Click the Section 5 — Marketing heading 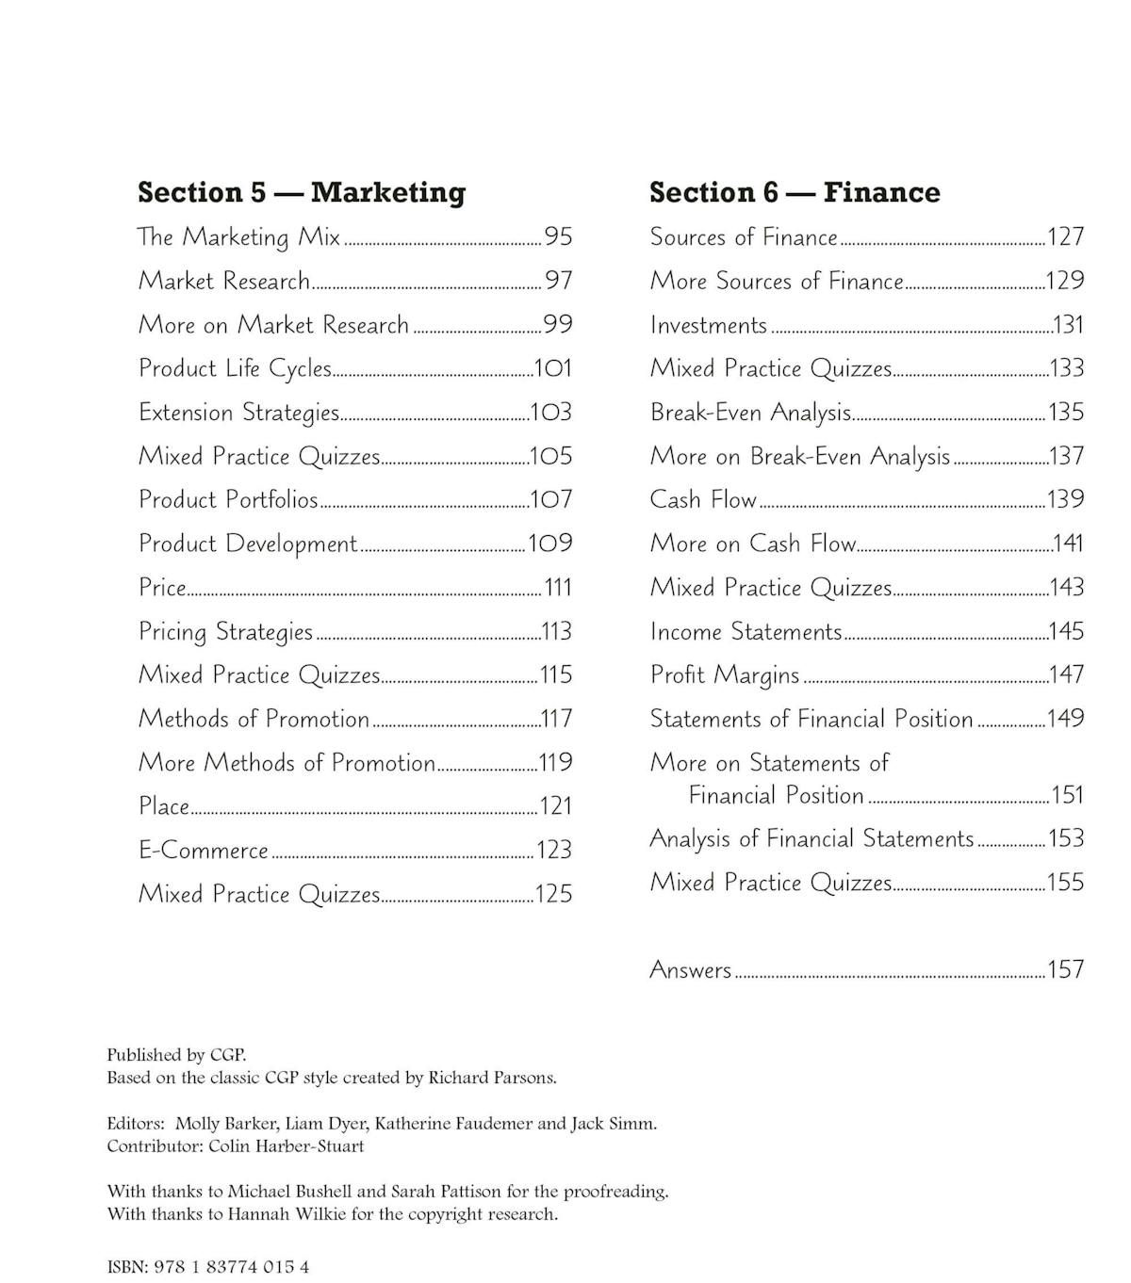(302, 192)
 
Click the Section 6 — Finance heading (795, 192)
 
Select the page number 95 (558, 236)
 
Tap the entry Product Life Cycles (235, 368)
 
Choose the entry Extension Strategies (238, 413)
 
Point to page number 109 (550, 544)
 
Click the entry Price (162, 588)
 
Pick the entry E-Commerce (204, 850)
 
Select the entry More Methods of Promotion (287, 762)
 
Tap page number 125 (553, 894)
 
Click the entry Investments (709, 325)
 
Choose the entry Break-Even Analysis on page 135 (750, 413)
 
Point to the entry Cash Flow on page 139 (703, 499)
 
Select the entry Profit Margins (724, 674)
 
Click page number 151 (1067, 795)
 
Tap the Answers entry (690, 969)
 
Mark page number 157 (1066, 969)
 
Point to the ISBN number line (208, 1267)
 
